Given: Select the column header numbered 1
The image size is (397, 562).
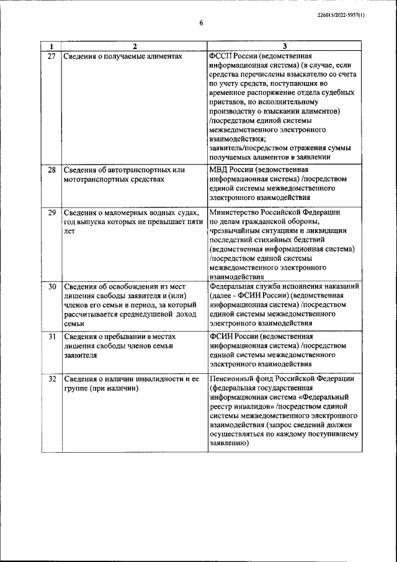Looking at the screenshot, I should click(51, 47).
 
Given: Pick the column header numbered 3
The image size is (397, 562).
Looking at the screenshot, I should click(283, 47).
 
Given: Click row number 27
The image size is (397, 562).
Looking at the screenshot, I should click(51, 56).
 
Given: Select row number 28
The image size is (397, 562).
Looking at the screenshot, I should click(51, 170).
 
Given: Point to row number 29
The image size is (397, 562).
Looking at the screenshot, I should click(51, 212).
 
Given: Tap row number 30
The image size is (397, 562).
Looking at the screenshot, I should click(51, 287).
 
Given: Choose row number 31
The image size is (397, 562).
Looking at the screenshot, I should click(51, 337).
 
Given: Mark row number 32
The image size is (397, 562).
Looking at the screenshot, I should click(51, 379).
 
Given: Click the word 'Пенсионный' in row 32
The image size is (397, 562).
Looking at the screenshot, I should click(232, 379).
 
